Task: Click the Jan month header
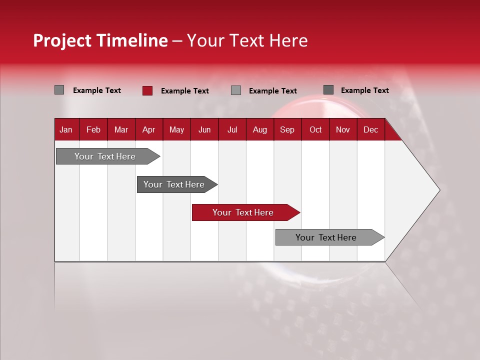click(66, 130)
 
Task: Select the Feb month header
click(93, 130)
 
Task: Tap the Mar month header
click(121, 130)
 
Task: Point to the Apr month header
click(148, 130)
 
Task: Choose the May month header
click(176, 130)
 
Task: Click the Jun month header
click(204, 130)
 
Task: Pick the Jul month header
click(232, 130)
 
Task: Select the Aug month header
click(259, 130)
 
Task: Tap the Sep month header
click(287, 130)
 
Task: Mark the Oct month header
click(315, 130)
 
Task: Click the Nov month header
click(343, 130)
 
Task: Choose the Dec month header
click(370, 130)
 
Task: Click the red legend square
click(147, 90)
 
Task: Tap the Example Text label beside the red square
click(184, 91)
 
